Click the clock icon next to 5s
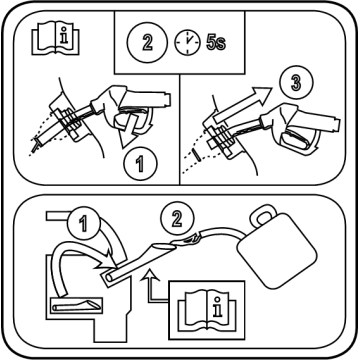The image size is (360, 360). [187, 42]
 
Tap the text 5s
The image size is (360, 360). [216, 43]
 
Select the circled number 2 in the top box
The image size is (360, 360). [147, 42]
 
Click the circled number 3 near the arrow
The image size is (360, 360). [296, 83]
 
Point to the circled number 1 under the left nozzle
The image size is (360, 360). [140, 164]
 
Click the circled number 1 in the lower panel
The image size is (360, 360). [83, 223]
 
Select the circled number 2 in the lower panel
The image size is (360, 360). [177, 219]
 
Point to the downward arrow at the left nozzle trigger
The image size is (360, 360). [128, 131]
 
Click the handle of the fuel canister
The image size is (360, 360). [263, 215]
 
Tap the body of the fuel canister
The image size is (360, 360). [276, 250]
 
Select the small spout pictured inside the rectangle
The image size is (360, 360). [78, 305]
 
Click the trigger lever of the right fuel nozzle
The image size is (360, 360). [297, 140]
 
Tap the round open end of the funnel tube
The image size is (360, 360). [108, 278]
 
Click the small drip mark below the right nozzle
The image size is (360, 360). [197, 155]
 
